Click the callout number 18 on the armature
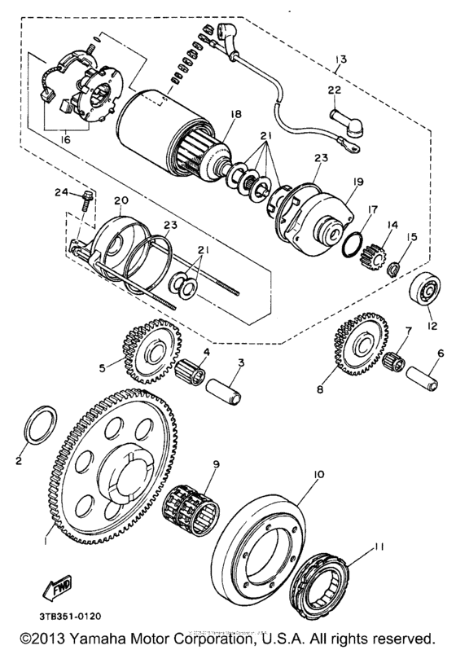click(236, 116)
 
